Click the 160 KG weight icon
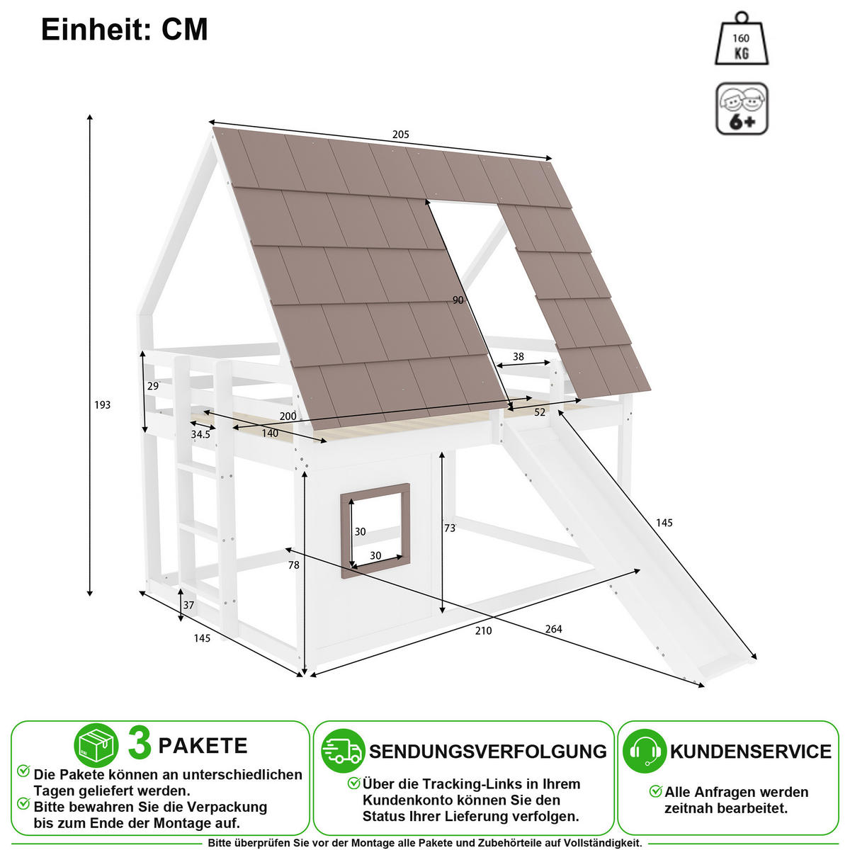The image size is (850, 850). coord(742,39)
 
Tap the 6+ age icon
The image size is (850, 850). coord(742,108)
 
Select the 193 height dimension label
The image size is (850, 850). coord(102,404)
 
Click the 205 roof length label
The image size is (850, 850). coord(400,134)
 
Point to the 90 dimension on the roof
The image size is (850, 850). coord(458,300)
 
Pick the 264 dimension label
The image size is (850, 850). coord(553,629)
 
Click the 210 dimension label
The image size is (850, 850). coord(483,631)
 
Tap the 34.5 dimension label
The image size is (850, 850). coord(200,434)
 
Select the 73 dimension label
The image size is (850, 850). coord(450,528)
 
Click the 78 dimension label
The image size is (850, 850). coord(294,565)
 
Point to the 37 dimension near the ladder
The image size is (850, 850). coord(188,605)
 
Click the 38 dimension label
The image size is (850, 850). coord(518,356)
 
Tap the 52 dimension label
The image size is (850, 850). coord(540,412)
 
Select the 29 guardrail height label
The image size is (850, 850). coord(152,386)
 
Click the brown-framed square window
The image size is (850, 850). coord(375,488)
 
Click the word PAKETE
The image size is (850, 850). coord(203,745)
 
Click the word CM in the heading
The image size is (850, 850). coord(185,30)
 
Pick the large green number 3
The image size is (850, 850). coord(140,744)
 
